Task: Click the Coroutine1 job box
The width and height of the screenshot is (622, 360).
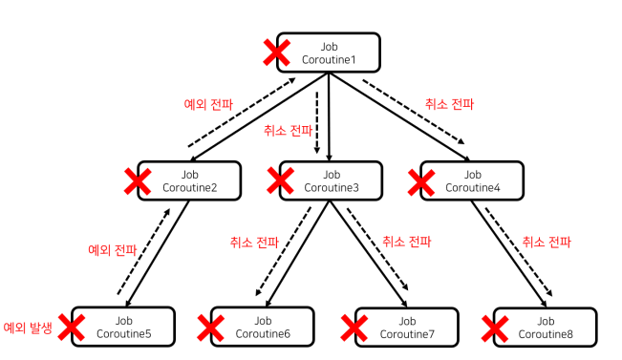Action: pos(329,53)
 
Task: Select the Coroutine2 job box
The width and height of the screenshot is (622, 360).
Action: pos(189,180)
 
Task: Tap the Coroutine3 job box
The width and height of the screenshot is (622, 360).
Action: pos(331,180)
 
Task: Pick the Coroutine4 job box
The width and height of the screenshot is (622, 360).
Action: pos(472,180)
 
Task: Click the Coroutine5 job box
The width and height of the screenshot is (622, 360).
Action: pos(123,327)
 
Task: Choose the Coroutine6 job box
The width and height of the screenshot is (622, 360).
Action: pos(262,327)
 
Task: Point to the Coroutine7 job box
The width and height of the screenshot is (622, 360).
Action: pos(407,328)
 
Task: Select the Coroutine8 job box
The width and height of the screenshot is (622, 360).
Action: pos(546,328)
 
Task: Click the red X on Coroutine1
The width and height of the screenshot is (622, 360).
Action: pos(277,53)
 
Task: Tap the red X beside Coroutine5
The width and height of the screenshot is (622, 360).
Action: pos(72,328)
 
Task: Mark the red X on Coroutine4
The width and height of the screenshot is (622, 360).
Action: pos(421,182)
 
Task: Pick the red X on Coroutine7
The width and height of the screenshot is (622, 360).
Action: pos(354,328)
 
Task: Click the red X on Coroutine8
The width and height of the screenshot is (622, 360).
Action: pos(495,328)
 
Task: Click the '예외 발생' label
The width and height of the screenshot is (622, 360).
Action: pos(28,328)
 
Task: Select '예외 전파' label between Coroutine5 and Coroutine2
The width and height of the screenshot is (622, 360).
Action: pos(112,250)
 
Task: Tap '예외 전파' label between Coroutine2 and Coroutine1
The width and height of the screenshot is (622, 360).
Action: pos(208,104)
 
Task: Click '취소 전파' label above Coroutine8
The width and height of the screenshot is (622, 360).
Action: pos(547,242)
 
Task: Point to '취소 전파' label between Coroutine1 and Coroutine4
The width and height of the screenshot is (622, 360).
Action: pos(449,104)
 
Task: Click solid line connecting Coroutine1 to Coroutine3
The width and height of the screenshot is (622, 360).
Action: pos(329,116)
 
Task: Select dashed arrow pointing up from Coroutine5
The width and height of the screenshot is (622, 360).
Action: pos(143,251)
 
